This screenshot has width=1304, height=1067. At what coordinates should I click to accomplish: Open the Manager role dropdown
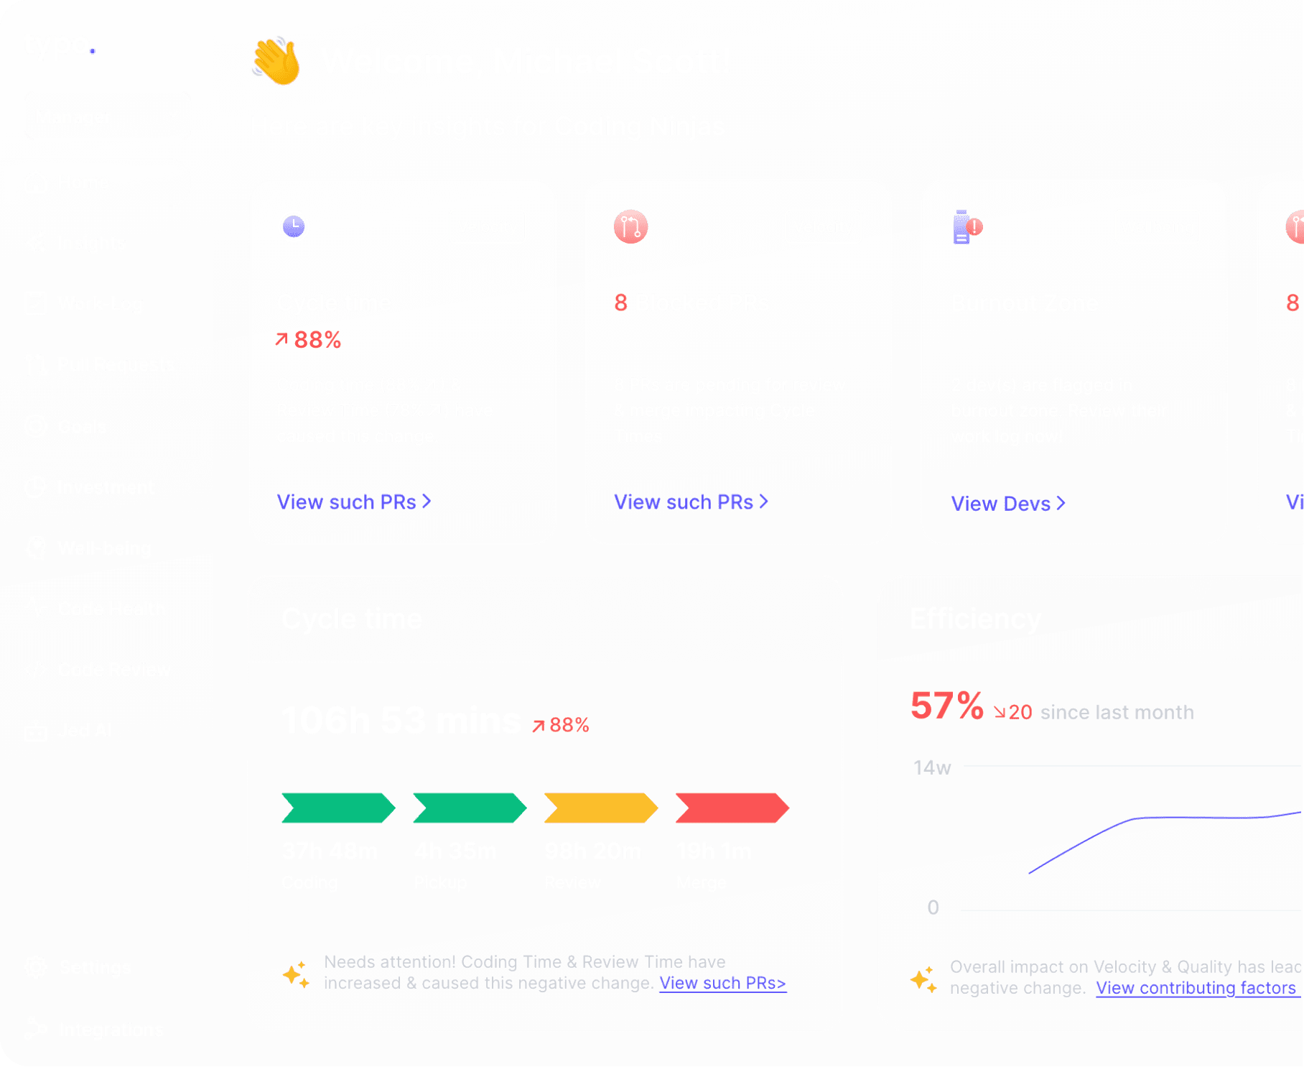click(x=107, y=116)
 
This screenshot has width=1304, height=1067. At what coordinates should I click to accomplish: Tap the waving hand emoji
click(x=276, y=63)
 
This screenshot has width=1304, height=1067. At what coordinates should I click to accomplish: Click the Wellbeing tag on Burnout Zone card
click(x=1157, y=227)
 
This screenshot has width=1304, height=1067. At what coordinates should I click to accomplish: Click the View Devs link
click(x=1007, y=504)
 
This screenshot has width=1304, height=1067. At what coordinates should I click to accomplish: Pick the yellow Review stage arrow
click(x=600, y=808)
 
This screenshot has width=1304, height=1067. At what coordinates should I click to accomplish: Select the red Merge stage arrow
click(x=732, y=808)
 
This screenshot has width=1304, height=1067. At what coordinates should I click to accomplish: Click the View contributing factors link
click(x=1196, y=988)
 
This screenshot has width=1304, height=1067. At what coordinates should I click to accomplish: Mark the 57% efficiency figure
click(x=946, y=706)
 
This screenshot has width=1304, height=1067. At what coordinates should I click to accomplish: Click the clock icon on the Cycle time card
click(x=293, y=227)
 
